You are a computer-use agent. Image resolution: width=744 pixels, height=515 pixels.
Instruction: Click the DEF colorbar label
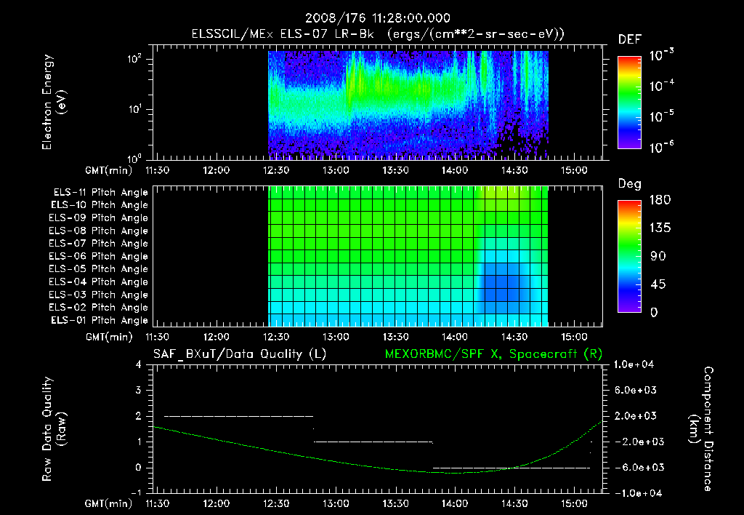tap(628, 40)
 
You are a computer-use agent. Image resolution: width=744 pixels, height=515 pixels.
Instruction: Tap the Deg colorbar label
tap(628, 184)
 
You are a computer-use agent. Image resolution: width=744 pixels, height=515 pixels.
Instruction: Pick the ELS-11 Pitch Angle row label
tap(100, 193)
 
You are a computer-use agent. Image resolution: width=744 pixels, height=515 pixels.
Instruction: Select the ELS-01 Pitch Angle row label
tap(100, 321)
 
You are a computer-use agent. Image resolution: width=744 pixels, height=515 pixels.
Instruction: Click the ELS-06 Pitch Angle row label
tap(100, 257)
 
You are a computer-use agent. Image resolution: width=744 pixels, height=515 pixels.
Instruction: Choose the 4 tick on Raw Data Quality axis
tap(138, 364)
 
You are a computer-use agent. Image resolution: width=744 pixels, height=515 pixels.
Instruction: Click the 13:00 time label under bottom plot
tap(335, 503)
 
